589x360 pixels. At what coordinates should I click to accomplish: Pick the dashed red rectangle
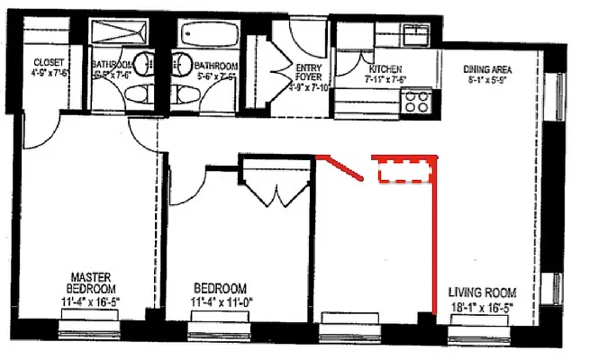[404, 169]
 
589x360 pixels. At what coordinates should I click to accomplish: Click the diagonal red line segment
[343, 168]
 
